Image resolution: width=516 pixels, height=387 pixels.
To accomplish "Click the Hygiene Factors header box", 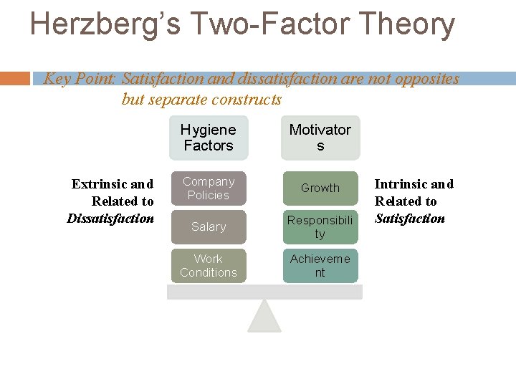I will (208, 138).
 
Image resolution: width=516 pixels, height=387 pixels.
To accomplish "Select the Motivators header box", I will (320, 138).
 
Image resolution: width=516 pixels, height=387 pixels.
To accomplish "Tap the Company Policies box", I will (208, 188).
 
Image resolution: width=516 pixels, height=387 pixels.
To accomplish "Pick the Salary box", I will (208, 226).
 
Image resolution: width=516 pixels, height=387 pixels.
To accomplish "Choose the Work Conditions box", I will (208, 265).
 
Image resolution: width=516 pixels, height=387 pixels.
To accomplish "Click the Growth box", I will (320, 188).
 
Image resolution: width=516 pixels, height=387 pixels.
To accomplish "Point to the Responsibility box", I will (320, 226).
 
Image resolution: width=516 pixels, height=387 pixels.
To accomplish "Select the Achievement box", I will (320, 265).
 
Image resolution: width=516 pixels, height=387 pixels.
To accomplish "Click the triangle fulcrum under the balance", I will (264, 317).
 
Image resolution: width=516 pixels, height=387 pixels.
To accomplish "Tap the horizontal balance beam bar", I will (264, 292).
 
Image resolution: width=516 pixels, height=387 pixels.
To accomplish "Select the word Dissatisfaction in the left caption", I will (110, 219).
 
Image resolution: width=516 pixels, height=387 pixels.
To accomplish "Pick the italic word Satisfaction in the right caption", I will (409, 219).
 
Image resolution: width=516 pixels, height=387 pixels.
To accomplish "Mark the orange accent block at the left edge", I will (15, 78).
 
